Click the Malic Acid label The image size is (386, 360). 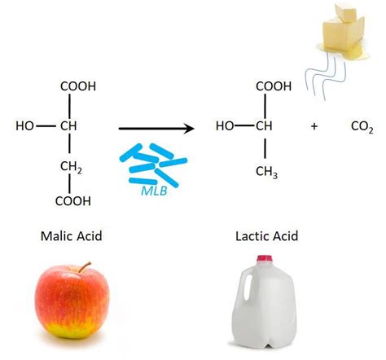[x=71, y=237]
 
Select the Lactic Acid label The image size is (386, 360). [x=266, y=237]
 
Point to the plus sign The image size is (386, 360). [x=314, y=127]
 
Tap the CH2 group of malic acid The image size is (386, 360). [x=72, y=167]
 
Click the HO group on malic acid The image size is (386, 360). [x=26, y=127]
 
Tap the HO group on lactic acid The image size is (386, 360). [x=225, y=127]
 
